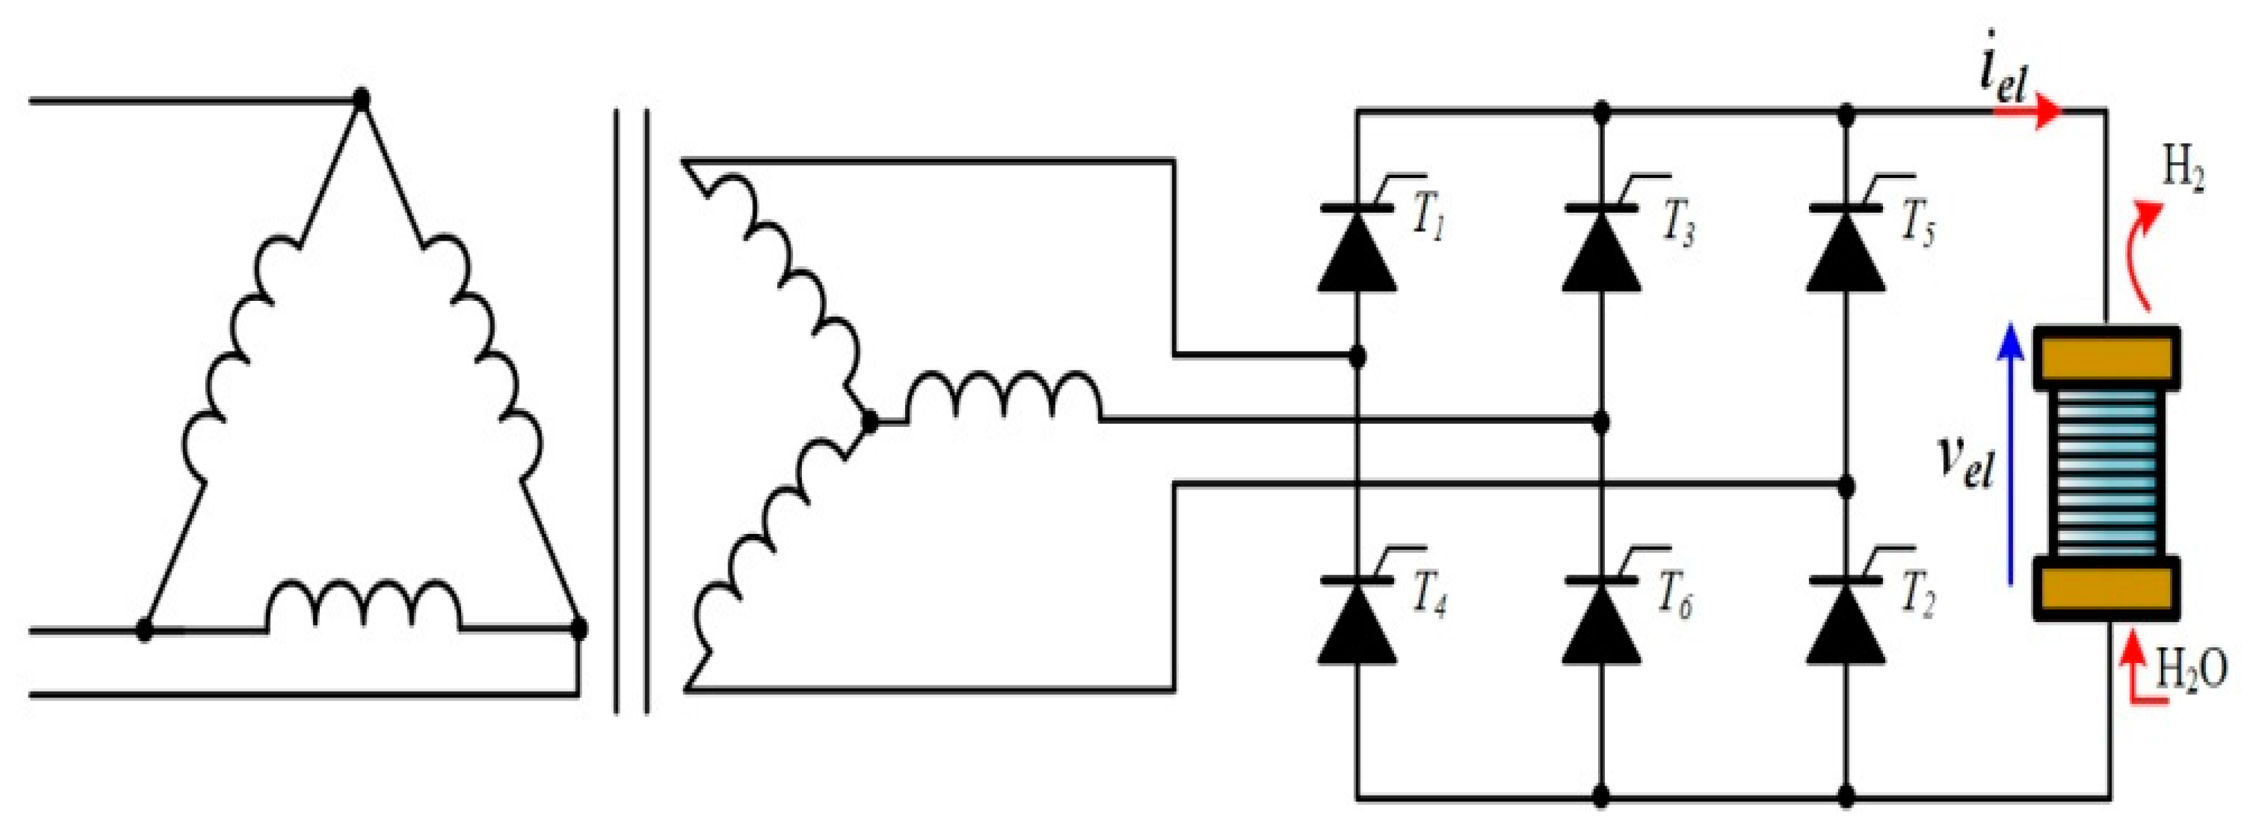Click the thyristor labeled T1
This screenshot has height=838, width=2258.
pyautogui.click(x=1356, y=250)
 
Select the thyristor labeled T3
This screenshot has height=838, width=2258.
pyautogui.click(x=1601, y=250)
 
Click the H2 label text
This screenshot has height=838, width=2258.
pyautogui.click(x=2182, y=171)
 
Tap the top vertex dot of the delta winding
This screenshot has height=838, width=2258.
pyautogui.click(x=360, y=99)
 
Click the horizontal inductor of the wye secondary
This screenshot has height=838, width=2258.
pyautogui.click(x=1004, y=399)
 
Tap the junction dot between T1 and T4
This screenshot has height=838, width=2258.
pyautogui.click(x=1356, y=356)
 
